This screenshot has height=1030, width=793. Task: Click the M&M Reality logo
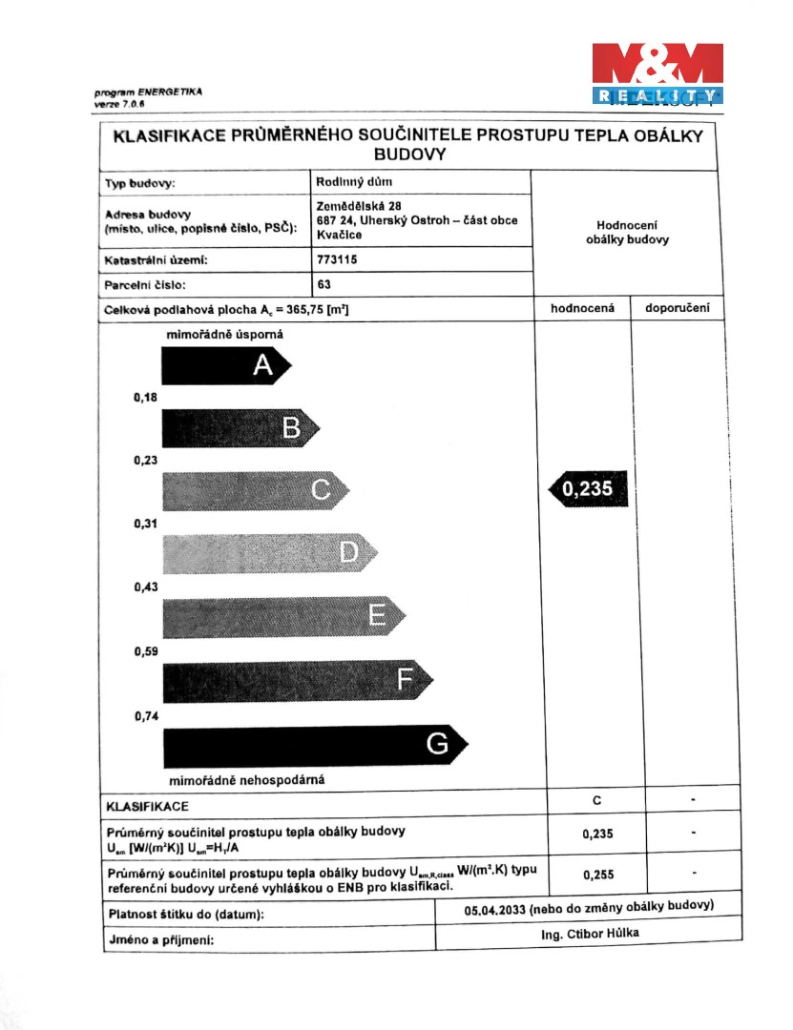657,72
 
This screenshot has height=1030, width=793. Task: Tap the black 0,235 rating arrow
590,490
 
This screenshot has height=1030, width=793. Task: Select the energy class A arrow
225,365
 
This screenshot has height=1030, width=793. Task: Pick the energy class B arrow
244,428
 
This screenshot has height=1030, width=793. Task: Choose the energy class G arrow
315,743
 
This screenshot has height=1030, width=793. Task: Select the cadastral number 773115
333,257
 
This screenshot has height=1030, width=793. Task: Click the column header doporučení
678,308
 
